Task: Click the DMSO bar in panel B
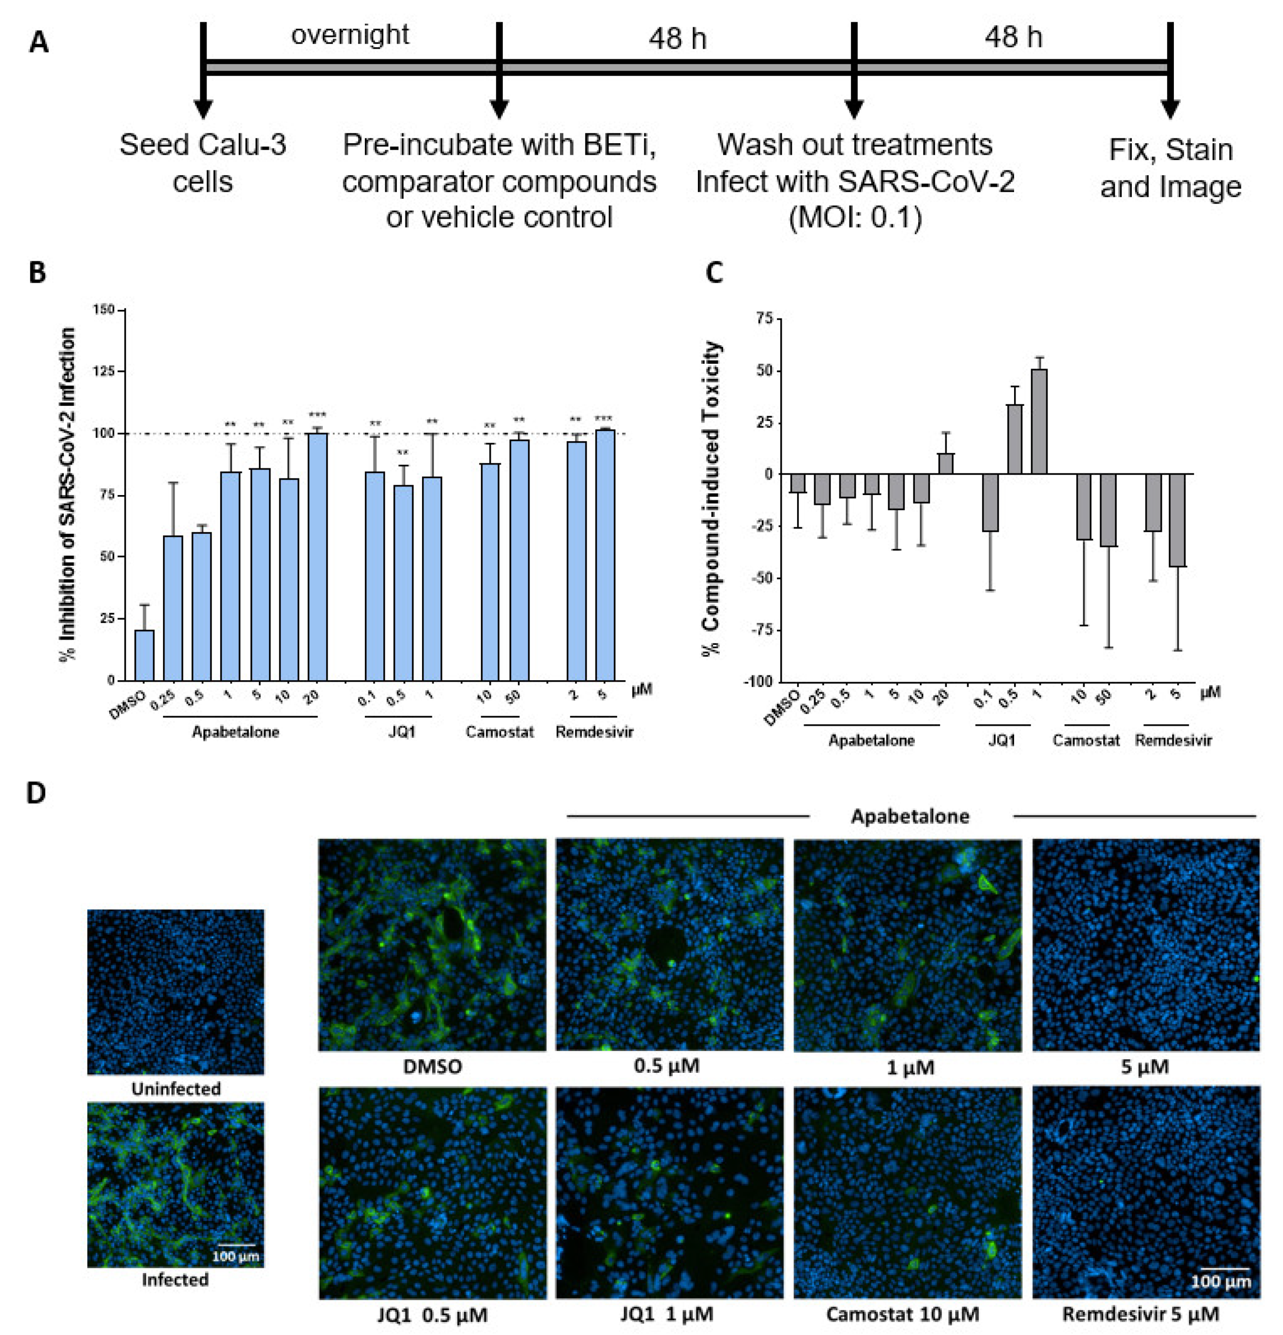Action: point(145,655)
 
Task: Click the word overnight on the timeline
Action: point(350,34)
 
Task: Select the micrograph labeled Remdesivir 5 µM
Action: point(1145,1193)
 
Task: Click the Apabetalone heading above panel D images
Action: point(910,816)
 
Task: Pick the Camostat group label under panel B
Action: point(499,732)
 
